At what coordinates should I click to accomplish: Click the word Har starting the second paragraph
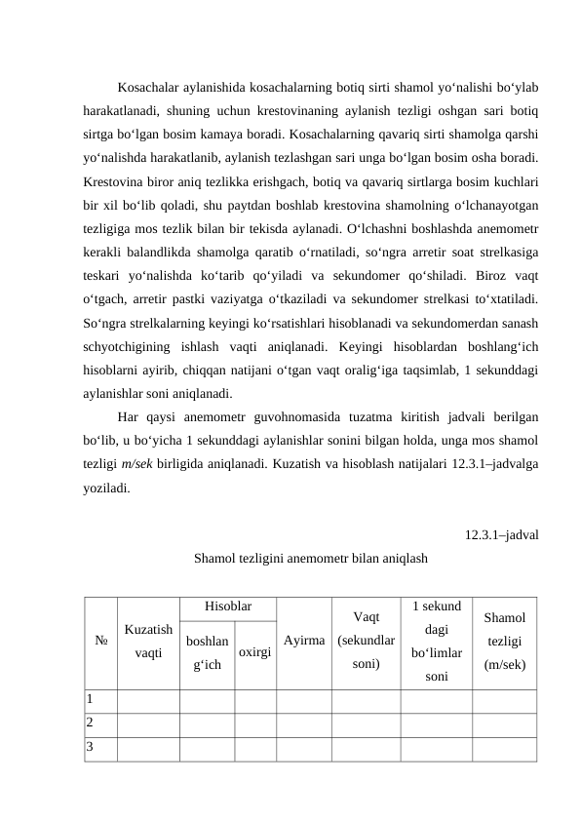coord(129,416)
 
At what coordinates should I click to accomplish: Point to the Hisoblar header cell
coord(227,607)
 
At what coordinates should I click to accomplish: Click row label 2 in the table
coord(90,723)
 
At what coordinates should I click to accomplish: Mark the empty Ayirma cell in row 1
coord(303,699)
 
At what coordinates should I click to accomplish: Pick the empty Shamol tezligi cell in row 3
coord(504,748)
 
